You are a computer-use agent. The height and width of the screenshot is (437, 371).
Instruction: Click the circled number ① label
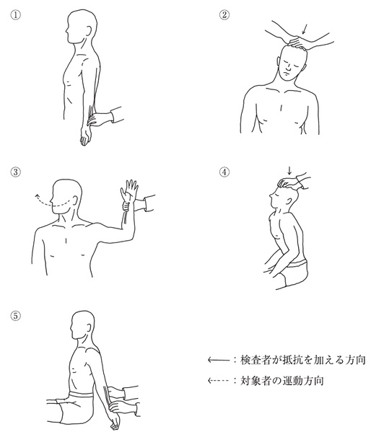tap(16, 14)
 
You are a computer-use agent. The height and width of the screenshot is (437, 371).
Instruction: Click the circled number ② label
tap(224, 14)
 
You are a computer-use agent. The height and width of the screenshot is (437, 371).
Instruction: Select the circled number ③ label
tap(16, 172)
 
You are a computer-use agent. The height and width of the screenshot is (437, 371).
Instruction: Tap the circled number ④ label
tap(224, 172)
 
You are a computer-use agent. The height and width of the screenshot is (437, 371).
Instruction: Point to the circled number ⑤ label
tap(16, 316)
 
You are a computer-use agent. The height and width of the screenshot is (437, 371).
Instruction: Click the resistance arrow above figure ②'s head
tap(305, 30)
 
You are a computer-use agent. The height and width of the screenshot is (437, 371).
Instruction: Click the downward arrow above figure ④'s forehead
tap(289, 170)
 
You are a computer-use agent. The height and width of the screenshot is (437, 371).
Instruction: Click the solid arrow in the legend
tap(219, 360)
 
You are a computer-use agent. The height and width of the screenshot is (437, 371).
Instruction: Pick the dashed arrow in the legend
tap(219, 380)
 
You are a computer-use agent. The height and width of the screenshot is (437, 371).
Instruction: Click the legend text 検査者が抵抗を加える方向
tap(303, 360)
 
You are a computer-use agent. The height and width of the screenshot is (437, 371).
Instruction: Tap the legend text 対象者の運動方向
tap(282, 380)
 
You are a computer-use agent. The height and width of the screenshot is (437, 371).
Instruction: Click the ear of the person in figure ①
tap(89, 31)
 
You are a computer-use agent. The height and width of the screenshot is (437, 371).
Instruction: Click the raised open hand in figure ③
tap(129, 192)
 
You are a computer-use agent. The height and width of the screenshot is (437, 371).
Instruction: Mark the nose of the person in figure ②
tap(285, 70)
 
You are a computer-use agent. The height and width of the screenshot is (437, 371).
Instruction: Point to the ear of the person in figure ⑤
tap(89, 328)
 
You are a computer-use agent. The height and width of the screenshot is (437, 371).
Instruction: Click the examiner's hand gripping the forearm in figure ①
tap(100, 119)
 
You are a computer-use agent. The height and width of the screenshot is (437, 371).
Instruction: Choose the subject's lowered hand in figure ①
tap(86, 136)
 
